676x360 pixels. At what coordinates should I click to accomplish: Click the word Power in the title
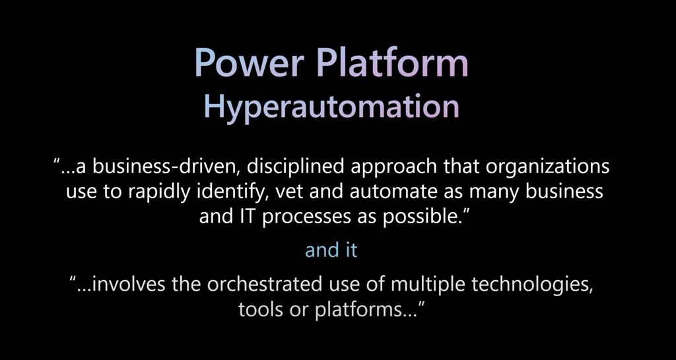[x=250, y=63]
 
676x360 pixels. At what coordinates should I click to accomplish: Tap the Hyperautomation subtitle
[x=331, y=107]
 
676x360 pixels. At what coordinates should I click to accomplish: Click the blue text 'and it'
[x=331, y=250]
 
